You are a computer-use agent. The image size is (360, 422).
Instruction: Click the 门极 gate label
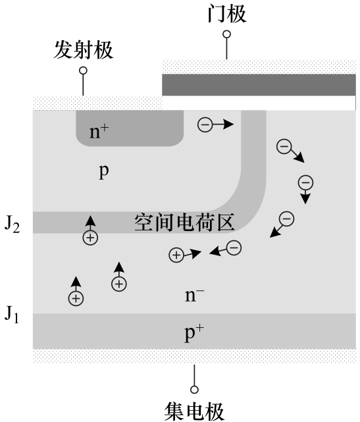[227, 14]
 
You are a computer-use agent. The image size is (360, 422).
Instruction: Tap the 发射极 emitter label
[84, 50]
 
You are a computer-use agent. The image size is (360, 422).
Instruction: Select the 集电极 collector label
[194, 411]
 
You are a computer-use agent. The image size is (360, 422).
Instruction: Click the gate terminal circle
[227, 34]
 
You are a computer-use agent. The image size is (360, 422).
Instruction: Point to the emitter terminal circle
[83, 70]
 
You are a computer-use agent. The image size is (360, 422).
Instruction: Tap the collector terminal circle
[194, 390]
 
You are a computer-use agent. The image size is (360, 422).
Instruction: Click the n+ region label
[99, 131]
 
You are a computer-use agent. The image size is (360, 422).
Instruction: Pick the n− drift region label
[195, 295]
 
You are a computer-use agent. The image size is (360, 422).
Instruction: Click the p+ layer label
[194, 333]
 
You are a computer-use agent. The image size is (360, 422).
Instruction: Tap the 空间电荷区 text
[184, 223]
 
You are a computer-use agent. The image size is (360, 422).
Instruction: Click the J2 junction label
[12, 224]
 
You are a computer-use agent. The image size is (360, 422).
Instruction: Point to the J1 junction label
[12, 314]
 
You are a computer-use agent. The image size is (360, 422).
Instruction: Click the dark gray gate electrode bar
[259, 85]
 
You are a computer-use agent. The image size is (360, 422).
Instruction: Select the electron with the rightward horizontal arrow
[205, 124]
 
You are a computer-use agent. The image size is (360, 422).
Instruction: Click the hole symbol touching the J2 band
[90, 238]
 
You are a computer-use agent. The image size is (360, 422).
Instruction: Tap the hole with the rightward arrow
[176, 255]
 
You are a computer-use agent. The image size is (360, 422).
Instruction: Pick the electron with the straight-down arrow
[305, 183]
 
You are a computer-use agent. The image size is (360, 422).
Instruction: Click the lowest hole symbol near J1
[76, 298]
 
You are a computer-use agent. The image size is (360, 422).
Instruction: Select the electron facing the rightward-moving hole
[234, 248]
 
